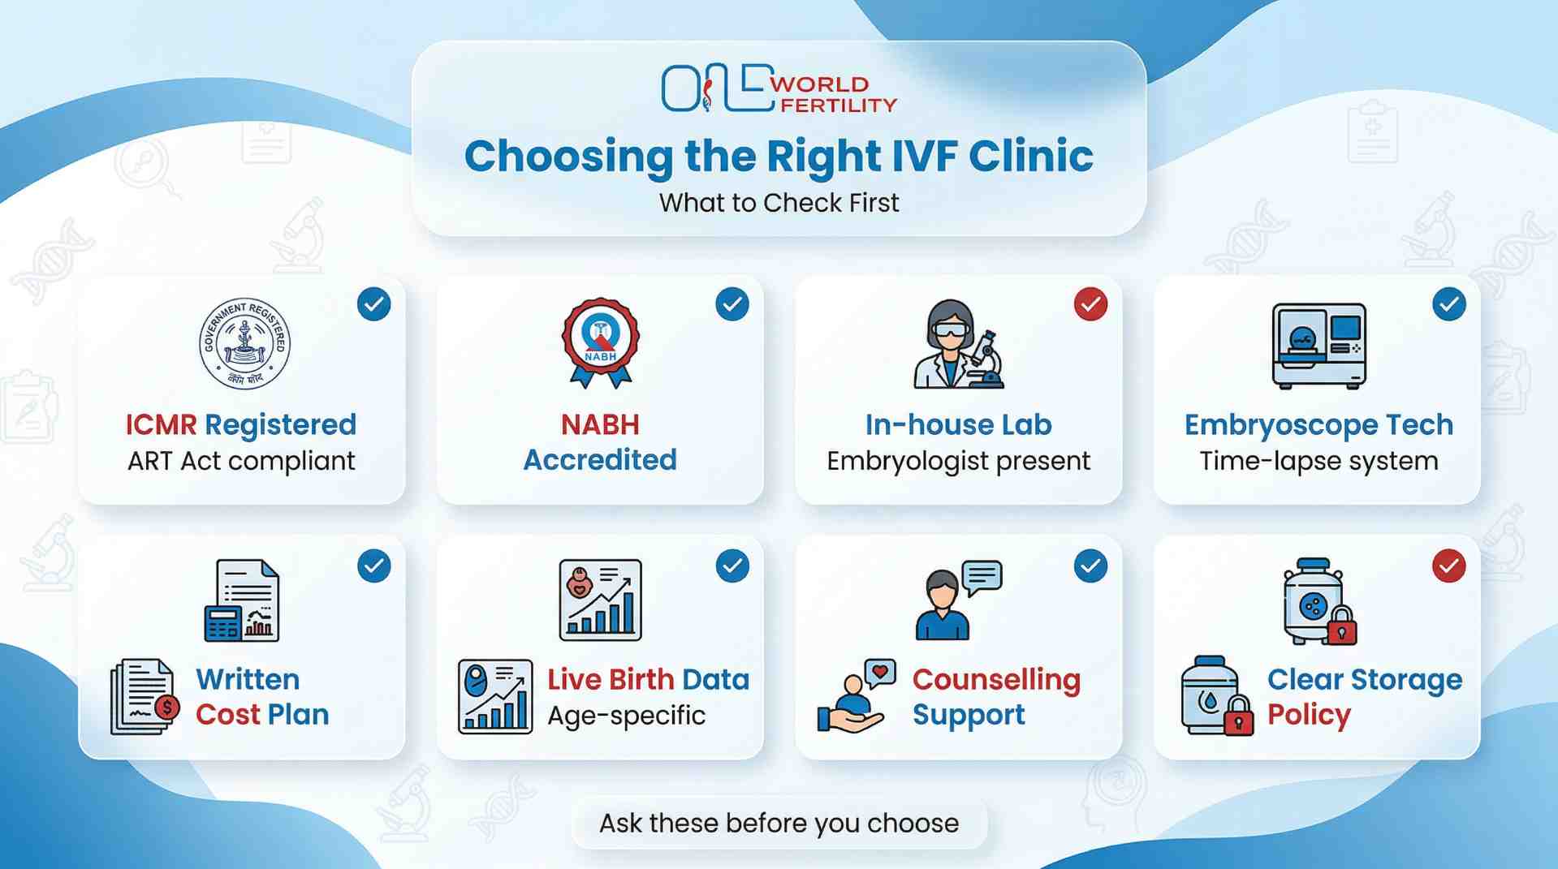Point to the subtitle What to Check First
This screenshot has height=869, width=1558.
point(779,203)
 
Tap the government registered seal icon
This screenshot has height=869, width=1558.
point(244,343)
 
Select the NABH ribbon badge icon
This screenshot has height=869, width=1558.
point(601,342)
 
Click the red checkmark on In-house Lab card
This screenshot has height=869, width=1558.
point(1090,304)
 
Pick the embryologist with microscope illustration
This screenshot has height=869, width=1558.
point(959,345)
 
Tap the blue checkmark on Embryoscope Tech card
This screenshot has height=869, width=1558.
point(1449,304)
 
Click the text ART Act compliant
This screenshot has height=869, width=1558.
point(241,461)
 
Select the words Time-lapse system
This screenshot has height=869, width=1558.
point(1318,461)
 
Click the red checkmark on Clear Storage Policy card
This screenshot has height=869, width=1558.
point(1449,566)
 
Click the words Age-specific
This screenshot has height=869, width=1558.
point(626,716)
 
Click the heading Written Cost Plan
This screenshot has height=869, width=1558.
point(262,696)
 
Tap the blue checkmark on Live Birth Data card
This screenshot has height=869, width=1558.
point(732,566)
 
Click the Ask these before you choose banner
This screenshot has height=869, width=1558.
point(779,824)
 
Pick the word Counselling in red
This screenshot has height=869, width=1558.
point(996,680)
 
